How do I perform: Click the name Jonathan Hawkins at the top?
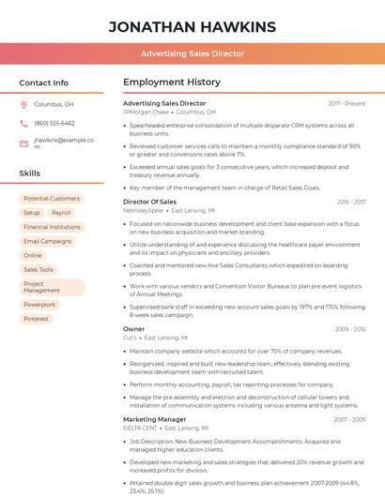(x=192, y=26)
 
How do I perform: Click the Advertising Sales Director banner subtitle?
(x=192, y=54)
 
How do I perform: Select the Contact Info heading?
(x=43, y=83)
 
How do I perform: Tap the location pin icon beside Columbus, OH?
(x=23, y=105)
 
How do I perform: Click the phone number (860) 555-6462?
(x=54, y=123)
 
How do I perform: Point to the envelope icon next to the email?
(x=23, y=143)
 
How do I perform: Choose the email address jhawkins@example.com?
(x=64, y=143)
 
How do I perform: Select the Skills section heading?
(x=30, y=173)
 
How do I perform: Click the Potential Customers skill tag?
(x=52, y=199)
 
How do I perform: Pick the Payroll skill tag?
(x=61, y=213)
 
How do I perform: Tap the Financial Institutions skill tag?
(x=52, y=227)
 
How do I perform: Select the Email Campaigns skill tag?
(x=48, y=241)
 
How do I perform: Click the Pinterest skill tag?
(x=37, y=319)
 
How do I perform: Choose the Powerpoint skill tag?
(x=39, y=305)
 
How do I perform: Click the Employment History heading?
(x=172, y=83)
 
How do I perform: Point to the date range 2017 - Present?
(x=346, y=103)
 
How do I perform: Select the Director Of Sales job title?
(x=149, y=202)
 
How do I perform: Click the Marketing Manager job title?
(x=154, y=419)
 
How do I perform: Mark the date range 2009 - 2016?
(x=349, y=329)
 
